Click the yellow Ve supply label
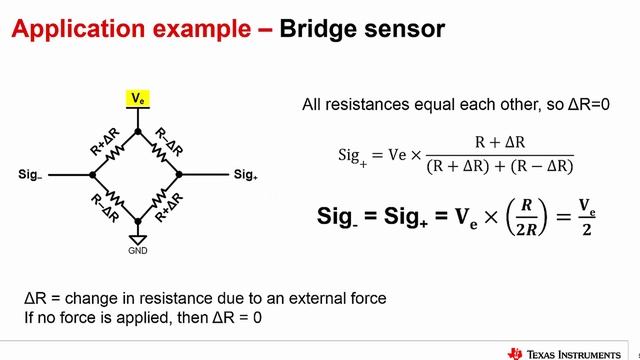(137, 98)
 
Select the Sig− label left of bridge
(30, 174)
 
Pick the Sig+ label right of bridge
(245, 174)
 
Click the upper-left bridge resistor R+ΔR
(115, 150)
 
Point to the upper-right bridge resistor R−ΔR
(159, 150)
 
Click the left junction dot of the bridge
(93, 174)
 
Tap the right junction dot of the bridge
(180, 174)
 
